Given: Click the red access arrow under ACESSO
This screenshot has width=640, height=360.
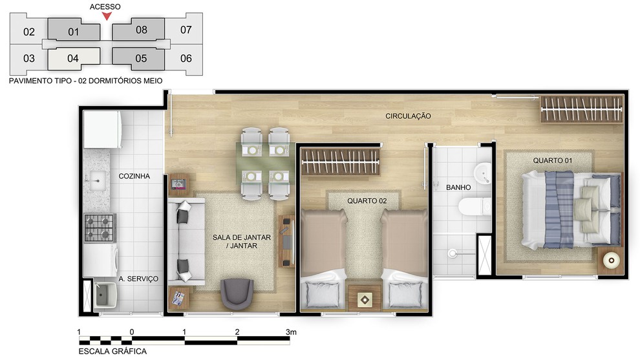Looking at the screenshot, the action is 107,16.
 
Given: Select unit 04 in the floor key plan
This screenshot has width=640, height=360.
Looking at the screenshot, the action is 74,58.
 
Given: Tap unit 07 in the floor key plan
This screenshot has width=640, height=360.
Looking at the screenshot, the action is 186,29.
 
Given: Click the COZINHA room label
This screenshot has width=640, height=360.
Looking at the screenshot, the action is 134,176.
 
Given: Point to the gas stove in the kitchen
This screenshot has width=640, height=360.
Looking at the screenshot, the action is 100,228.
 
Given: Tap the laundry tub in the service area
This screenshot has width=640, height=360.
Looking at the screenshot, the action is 105,295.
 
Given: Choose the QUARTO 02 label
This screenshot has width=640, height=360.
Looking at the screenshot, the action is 367,201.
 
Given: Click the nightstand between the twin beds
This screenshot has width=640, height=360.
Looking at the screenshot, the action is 365,299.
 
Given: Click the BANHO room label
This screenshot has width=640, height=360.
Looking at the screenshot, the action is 458,187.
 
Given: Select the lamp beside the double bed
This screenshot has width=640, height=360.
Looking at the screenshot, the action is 611,260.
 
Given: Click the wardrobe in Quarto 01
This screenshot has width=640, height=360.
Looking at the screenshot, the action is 582,109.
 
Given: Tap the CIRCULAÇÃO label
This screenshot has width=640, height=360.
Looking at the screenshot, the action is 408,116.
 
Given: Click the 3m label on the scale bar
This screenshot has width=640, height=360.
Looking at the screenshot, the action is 291,332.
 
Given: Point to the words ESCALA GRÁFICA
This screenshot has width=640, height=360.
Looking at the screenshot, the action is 112,351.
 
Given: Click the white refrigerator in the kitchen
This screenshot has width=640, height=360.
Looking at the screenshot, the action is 102,129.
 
